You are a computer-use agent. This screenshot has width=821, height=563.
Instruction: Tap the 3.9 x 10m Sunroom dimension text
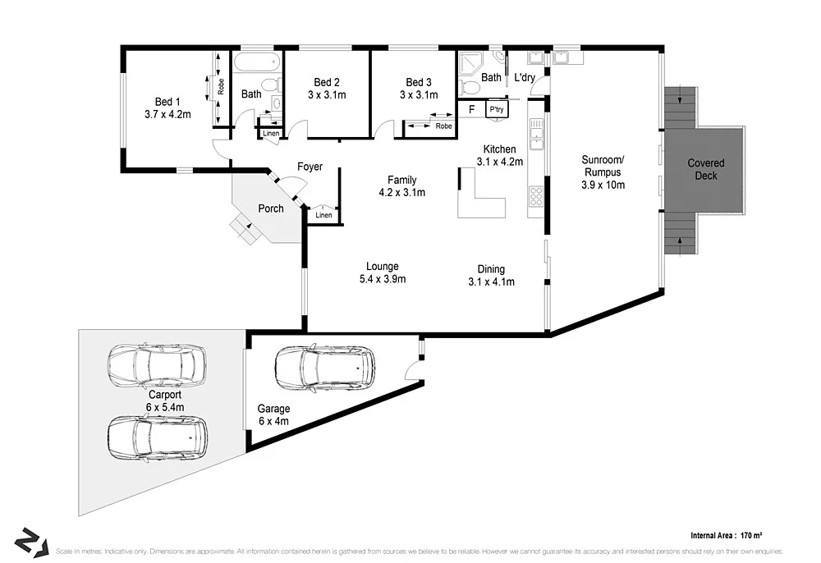tap(603, 185)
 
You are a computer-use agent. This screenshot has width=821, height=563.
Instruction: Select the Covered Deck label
tap(705, 169)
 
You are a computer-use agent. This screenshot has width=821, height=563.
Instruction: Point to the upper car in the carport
tap(157, 364)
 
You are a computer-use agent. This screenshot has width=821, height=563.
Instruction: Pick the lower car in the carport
tap(157, 437)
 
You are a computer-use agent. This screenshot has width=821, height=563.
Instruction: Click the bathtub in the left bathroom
tap(257, 62)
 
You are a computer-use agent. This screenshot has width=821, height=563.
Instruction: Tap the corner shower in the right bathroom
tap(471, 63)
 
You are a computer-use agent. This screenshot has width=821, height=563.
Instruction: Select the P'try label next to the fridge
tap(497, 109)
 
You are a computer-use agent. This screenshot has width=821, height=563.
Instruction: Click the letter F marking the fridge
tap(471, 109)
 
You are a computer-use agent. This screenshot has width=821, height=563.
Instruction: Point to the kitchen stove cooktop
tap(535, 196)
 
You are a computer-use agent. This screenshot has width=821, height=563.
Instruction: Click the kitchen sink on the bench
tap(536, 134)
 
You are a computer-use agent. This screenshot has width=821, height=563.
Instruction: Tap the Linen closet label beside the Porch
tap(324, 215)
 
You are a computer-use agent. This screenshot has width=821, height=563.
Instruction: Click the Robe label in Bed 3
tap(443, 126)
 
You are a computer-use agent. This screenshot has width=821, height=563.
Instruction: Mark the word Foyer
tap(310, 167)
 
